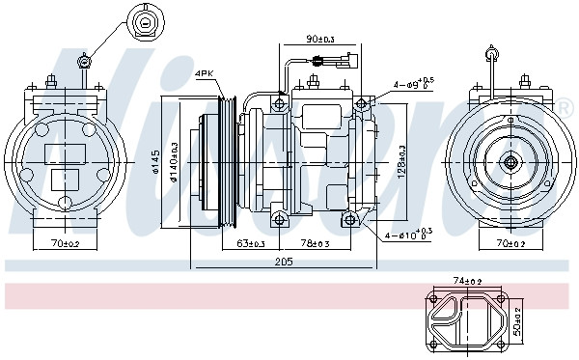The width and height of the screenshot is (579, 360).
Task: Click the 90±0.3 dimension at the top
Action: [319, 40]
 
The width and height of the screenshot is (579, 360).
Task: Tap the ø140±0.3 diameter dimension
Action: [175, 159]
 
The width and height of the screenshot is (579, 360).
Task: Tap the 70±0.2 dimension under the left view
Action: [66, 242]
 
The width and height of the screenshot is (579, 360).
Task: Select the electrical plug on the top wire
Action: [345, 65]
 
